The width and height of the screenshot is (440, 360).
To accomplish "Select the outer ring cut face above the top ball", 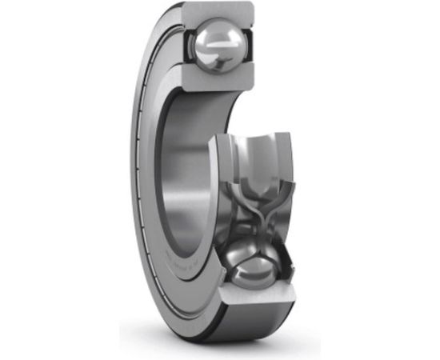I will click(216, 12).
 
